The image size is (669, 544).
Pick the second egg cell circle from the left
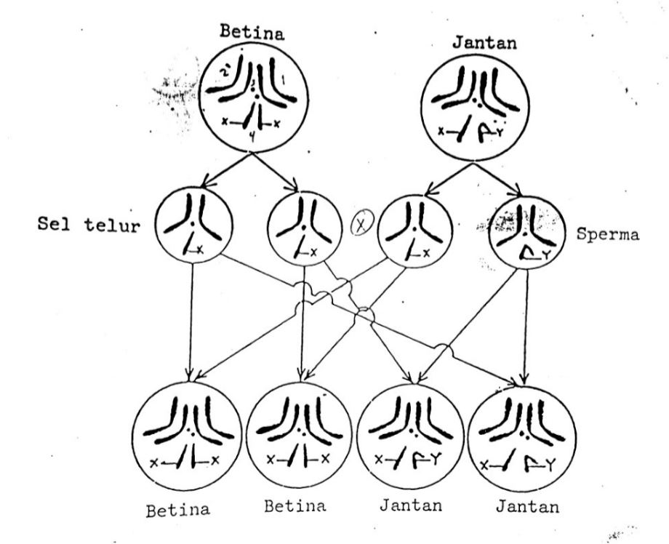(302, 226)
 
